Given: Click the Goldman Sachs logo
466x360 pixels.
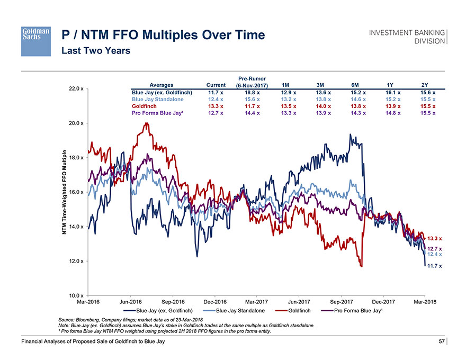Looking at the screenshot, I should coord(35,41).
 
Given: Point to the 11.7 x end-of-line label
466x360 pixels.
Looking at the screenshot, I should coord(435,266).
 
